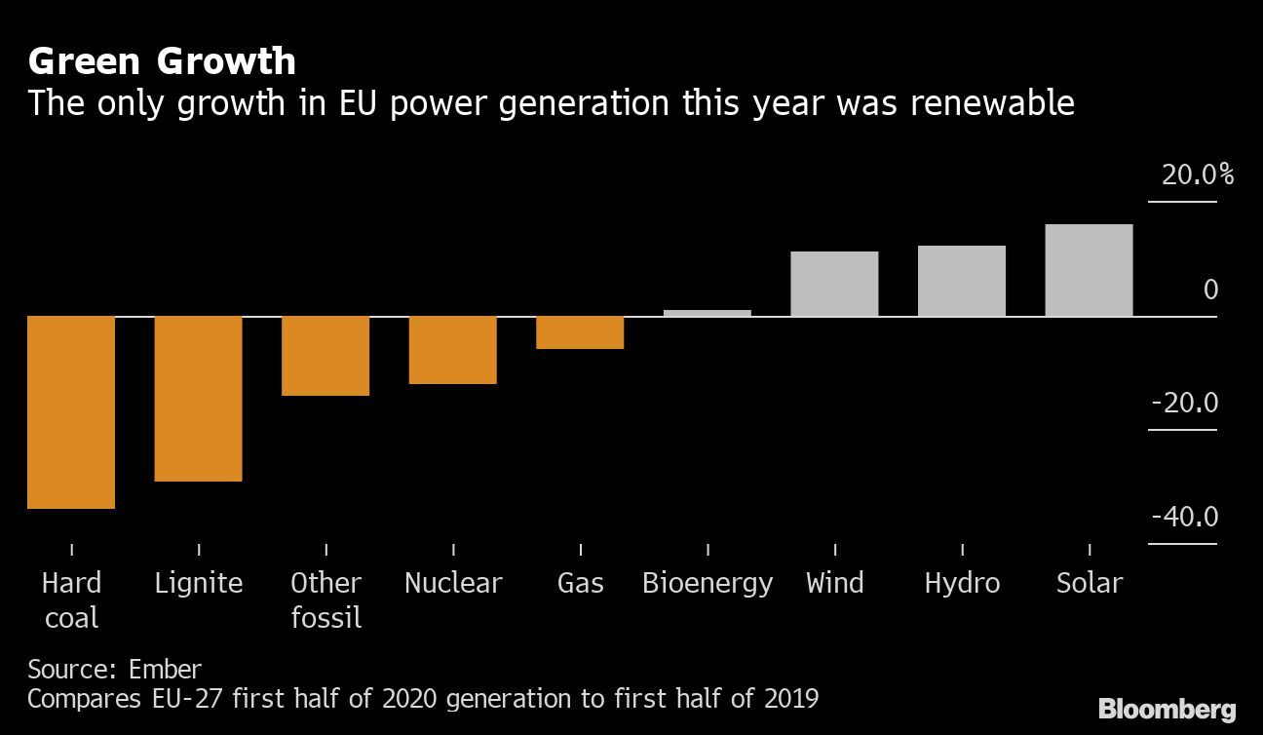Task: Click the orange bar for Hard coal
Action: point(71,412)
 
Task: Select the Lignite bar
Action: point(198,399)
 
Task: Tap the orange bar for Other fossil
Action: point(325,356)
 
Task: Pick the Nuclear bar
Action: point(452,350)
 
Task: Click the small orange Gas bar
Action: point(580,332)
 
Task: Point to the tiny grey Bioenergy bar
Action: point(708,313)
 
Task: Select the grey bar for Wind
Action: point(834,284)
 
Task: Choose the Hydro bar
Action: point(962,281)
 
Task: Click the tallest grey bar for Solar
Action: point(1089,270)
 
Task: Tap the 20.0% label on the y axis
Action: point(1197,175)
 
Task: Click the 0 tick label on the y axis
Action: point(1210,290)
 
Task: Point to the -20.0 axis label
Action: point(1184,403)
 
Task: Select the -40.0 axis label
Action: point(1184,516)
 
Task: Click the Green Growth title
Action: point(162,61)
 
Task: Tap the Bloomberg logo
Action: point(1167,709)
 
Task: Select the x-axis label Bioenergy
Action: point(708,583)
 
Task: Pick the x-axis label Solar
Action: point(1090,583)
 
